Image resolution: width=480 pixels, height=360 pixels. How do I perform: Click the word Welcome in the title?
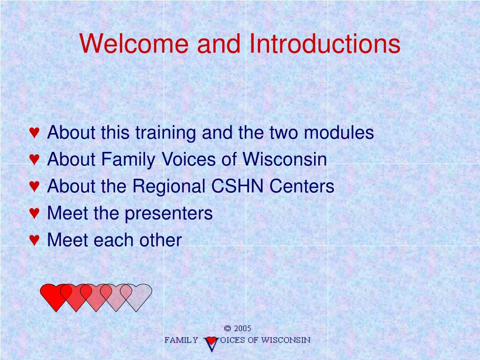[x=134, y=43]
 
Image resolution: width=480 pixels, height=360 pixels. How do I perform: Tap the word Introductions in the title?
[x=325, y=43]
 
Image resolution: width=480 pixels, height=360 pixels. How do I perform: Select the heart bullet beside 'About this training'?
[x=34, y=132]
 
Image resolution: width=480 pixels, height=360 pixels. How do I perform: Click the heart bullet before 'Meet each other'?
[x=34, y=240]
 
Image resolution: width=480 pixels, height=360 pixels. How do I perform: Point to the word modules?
[x=339, y=132]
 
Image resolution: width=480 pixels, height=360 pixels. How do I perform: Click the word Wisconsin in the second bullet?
[x=285, y=159]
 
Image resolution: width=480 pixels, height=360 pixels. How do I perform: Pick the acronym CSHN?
[x=238, y=186]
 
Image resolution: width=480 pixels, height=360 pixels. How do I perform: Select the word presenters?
[x=169, y=214]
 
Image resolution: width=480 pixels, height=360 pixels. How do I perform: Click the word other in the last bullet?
[x=161, y=240]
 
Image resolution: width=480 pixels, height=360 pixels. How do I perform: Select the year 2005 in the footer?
[x=242, y=329]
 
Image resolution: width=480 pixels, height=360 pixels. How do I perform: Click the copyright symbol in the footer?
[x=227, y=329]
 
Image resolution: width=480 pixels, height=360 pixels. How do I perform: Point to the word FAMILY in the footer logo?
[x=181, y=340]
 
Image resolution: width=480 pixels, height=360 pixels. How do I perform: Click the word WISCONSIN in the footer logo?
[x=286, y=340]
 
